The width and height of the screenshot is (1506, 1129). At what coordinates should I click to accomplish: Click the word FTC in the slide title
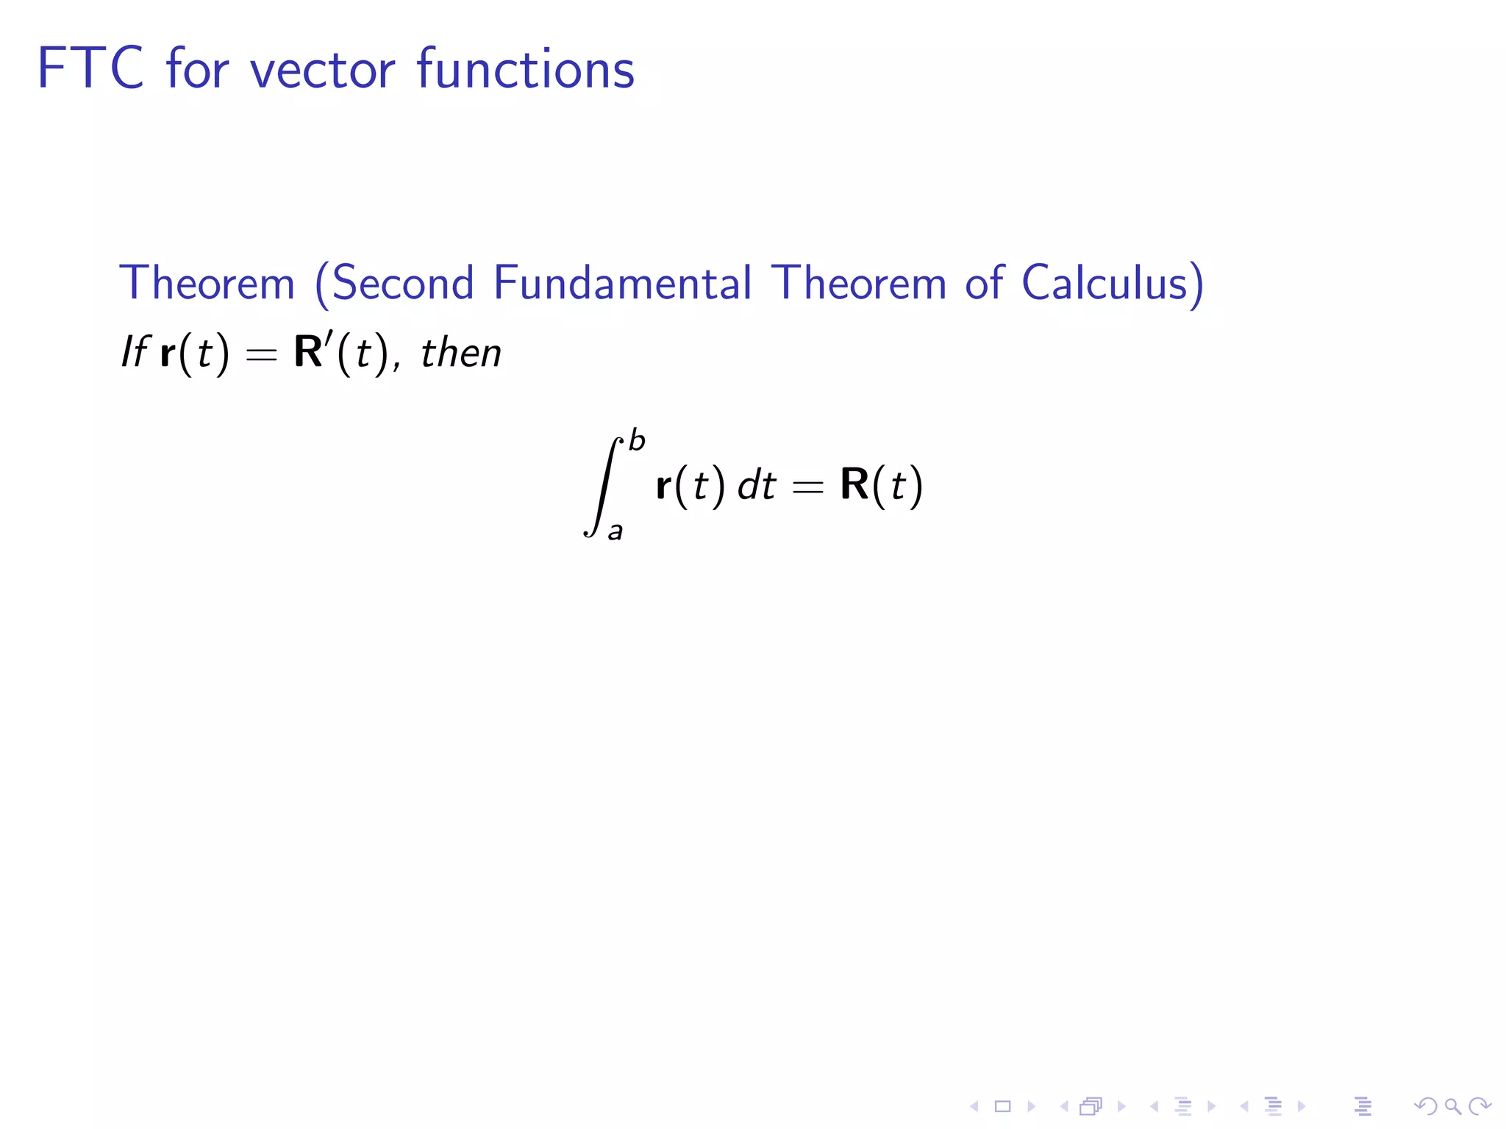pos(90,68)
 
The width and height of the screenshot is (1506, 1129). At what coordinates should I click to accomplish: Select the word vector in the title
pos(323,70)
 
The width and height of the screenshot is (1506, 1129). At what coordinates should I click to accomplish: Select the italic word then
pos(461,353)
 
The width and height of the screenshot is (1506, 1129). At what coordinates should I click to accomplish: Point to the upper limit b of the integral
pos(637,441)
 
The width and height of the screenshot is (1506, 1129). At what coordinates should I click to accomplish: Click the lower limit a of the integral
pos(615,531)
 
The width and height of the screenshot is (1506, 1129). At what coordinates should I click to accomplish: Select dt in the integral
pos(757,486)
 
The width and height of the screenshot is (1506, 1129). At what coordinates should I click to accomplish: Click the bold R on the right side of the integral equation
pos(854,484)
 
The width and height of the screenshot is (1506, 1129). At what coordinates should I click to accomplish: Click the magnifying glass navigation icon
pos(1452,1105)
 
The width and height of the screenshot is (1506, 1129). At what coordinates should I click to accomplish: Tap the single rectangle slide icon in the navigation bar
pos(1002,1105)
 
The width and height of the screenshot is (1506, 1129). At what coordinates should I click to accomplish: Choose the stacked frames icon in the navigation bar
pos(1091,1105)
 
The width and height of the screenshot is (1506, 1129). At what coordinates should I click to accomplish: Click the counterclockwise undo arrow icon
pos(1425,1105)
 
